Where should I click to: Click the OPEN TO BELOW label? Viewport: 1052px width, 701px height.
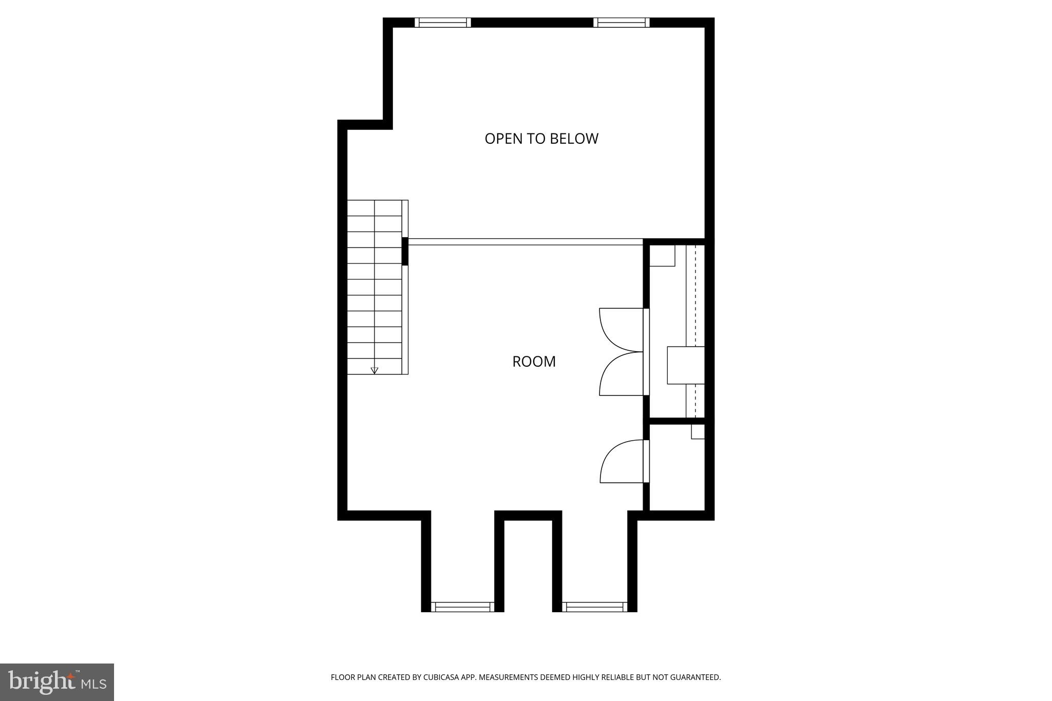click(541, 139)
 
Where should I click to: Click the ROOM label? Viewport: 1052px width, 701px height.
click(534, 362)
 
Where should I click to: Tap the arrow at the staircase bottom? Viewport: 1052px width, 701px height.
click(374, 370)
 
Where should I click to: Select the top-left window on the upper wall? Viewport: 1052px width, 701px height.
click(442, 23)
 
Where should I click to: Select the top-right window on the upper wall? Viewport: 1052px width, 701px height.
click(621, 23)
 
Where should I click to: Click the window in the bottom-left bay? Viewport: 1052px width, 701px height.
click(462, 607)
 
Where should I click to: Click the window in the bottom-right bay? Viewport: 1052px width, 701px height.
click(594, 607)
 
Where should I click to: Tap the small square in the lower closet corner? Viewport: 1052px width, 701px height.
click(698, 431)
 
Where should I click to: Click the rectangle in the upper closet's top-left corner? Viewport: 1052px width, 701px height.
click(662, 256)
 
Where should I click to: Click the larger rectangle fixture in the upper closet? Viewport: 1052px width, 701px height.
click(685, 365)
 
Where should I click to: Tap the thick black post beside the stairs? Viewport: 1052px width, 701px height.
click(405, 251)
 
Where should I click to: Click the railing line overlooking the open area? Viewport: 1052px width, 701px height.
click(524, 241)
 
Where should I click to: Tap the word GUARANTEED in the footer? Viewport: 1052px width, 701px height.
click(697, 677)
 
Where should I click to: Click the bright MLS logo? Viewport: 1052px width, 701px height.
click(57, 682)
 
